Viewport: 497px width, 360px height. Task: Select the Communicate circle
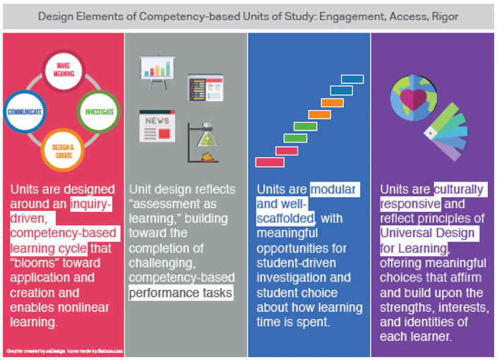(x=26, y=112)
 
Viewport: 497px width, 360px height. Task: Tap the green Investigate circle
(x=99, y=112)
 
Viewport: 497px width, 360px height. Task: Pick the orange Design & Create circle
(x=64, y=149)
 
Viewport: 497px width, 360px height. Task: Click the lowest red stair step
(x=270, y=162)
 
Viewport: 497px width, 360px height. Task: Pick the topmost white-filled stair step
(x=347, y=78)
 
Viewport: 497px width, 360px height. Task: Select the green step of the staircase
(x=305, y=126)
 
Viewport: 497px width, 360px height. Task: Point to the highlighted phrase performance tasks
(x=181, y=293)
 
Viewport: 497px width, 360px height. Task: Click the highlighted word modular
(x=333, y=189)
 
